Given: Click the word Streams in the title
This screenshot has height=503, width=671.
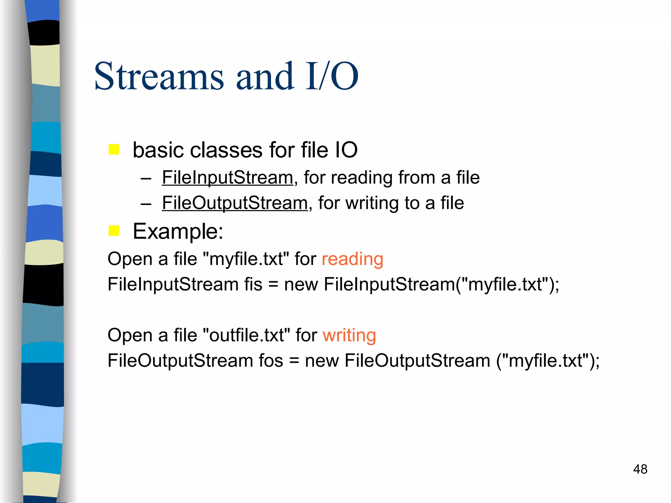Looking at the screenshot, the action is tap(159, 77).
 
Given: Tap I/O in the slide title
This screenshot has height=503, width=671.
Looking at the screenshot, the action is tap(332, 77).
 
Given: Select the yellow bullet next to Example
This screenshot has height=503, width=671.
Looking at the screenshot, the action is tap(114, 231).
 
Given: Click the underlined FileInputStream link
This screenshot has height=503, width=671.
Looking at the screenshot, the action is tap(227, 178).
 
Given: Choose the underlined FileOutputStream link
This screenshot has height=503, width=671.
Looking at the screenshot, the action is tap(235, 203).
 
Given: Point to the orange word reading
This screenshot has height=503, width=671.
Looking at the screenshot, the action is tap(352, 259).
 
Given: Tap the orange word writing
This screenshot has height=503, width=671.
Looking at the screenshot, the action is tap(349, 336).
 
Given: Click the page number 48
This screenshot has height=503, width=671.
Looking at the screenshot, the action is tap(640, 469).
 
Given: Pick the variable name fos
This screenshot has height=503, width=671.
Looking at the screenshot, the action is tap(271, 361).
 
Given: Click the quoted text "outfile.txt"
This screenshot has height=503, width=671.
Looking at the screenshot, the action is tap(247, 336).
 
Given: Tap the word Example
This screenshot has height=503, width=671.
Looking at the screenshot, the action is tap(178, 232).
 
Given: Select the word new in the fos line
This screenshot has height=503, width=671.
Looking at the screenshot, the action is tap(322, 361).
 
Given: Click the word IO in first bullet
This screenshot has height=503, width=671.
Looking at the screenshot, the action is tap(346, 150).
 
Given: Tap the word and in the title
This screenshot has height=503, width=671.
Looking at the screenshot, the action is tap(265, 77).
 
